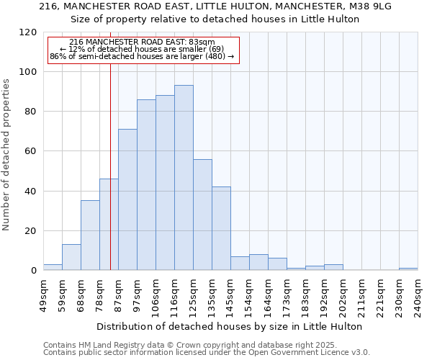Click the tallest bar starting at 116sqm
pyautogui.click(x=184, y=178)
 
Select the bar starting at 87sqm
pyautogui.click(x=127, y=199)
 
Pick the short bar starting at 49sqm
pyautogui.click(x=53, y=267)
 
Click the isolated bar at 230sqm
pyautogui.click(x=408, y=269)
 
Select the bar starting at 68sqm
pyautogui.click(x=90, y=235)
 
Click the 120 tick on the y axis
pyautogui.click(x=28, y=32)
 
